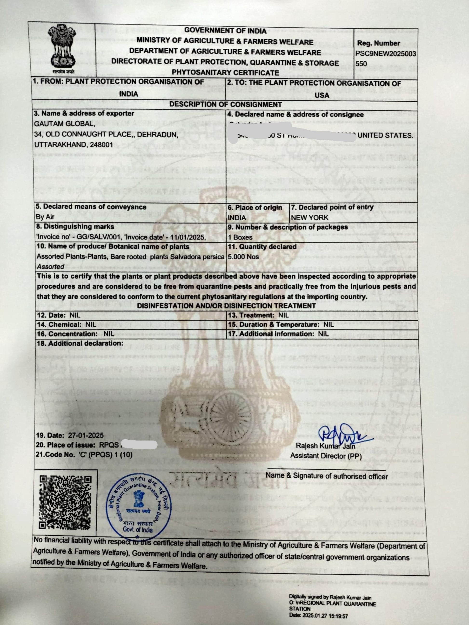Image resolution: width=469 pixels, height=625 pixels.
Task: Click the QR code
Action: coord(65,503)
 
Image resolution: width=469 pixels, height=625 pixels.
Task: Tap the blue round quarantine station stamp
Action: coord(138,506)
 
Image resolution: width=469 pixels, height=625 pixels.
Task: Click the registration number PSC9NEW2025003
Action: coord(386,53)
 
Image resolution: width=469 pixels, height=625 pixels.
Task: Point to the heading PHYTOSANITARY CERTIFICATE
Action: coord(225,72)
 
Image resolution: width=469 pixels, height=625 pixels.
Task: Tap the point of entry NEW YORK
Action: coord(309,217)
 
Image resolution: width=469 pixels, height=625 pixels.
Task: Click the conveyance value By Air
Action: coord(45,217)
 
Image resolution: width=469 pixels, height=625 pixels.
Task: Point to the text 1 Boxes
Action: coord(240,237)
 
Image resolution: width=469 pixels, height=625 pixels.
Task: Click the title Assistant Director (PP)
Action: coord(326,455)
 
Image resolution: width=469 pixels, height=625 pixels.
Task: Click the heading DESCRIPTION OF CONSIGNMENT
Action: coord(225,105)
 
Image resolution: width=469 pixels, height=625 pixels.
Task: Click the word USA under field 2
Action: coord(322,95)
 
